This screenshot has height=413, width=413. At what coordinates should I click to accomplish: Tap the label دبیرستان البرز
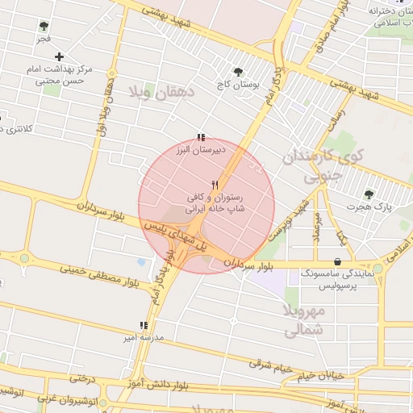(x=202, y=150)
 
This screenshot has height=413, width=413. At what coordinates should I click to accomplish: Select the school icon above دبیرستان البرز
(x=201, y=138)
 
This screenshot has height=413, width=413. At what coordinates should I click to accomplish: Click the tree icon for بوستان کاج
(x=237, y=72)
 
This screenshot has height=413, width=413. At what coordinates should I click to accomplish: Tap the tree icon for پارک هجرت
(x=369, y=194)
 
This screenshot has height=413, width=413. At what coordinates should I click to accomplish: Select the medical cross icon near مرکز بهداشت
(x=60, y=56)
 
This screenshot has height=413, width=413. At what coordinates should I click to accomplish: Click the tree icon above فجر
(x=44, y=27)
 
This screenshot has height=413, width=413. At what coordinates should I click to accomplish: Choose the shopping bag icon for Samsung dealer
(x=336, y=261)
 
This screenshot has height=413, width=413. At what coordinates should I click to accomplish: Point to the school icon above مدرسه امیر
(x=144, y=325)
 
